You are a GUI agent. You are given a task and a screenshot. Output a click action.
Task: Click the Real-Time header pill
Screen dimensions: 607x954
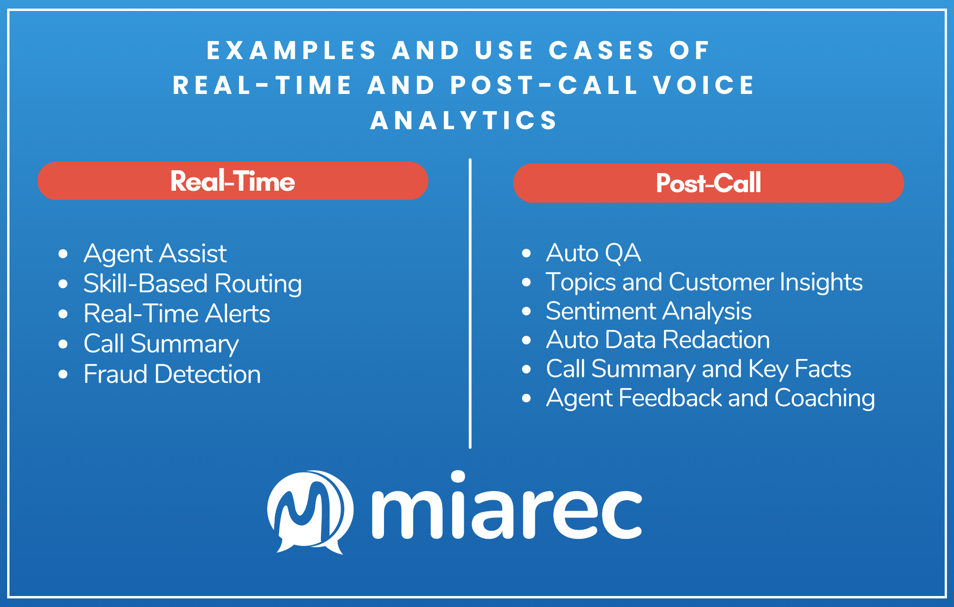pyautogui.click(x=233, y=181)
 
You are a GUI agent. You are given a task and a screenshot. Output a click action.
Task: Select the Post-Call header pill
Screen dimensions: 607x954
pyautogui.click(x=708, y=183)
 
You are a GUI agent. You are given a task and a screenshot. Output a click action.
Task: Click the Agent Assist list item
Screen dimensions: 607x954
pyautogui.click(x=155, y=253)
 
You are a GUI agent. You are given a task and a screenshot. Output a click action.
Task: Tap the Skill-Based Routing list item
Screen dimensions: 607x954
pyautogui.click(x=192, y=283)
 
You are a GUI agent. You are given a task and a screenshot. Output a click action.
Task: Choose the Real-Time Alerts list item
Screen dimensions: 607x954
pyautogui.click(x=176, y=314)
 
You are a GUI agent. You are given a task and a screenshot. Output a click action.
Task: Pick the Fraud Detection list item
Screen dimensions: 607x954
pyautogui.click(x=172, y=374)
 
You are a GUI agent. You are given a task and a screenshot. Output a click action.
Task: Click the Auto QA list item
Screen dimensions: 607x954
pyautogui.click(x=593, y=253)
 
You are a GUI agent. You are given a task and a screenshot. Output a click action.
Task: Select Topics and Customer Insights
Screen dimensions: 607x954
pyautogui.click(x=704, y=282)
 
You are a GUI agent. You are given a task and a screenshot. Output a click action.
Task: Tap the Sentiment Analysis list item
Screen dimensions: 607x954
pyautogui.click(x=648, y=311)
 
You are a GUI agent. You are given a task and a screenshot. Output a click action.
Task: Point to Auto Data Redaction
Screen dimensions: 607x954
pyautogui.click(x=658, y=340)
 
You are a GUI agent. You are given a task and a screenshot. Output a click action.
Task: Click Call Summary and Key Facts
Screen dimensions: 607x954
pyautogui.click(x=698, y=369)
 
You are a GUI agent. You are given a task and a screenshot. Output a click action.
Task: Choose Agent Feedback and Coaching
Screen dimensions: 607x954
pyautogui.click(x=710, y=398)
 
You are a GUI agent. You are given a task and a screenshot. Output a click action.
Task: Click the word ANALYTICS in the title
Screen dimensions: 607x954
pyautogui.click(x=464, y=120)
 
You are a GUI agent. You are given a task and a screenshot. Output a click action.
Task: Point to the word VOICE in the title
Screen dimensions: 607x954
pyautogui.click(x=704, y=85)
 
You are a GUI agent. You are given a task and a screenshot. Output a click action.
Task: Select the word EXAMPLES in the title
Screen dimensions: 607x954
pyautogui.click(x=291, y=51)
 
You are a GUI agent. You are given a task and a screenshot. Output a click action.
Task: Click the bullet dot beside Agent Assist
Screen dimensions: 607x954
pyautogui.click(x=63, y=254)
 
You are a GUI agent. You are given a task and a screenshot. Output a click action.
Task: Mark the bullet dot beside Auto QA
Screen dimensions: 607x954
pyautogui.click(x=526, y=253)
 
